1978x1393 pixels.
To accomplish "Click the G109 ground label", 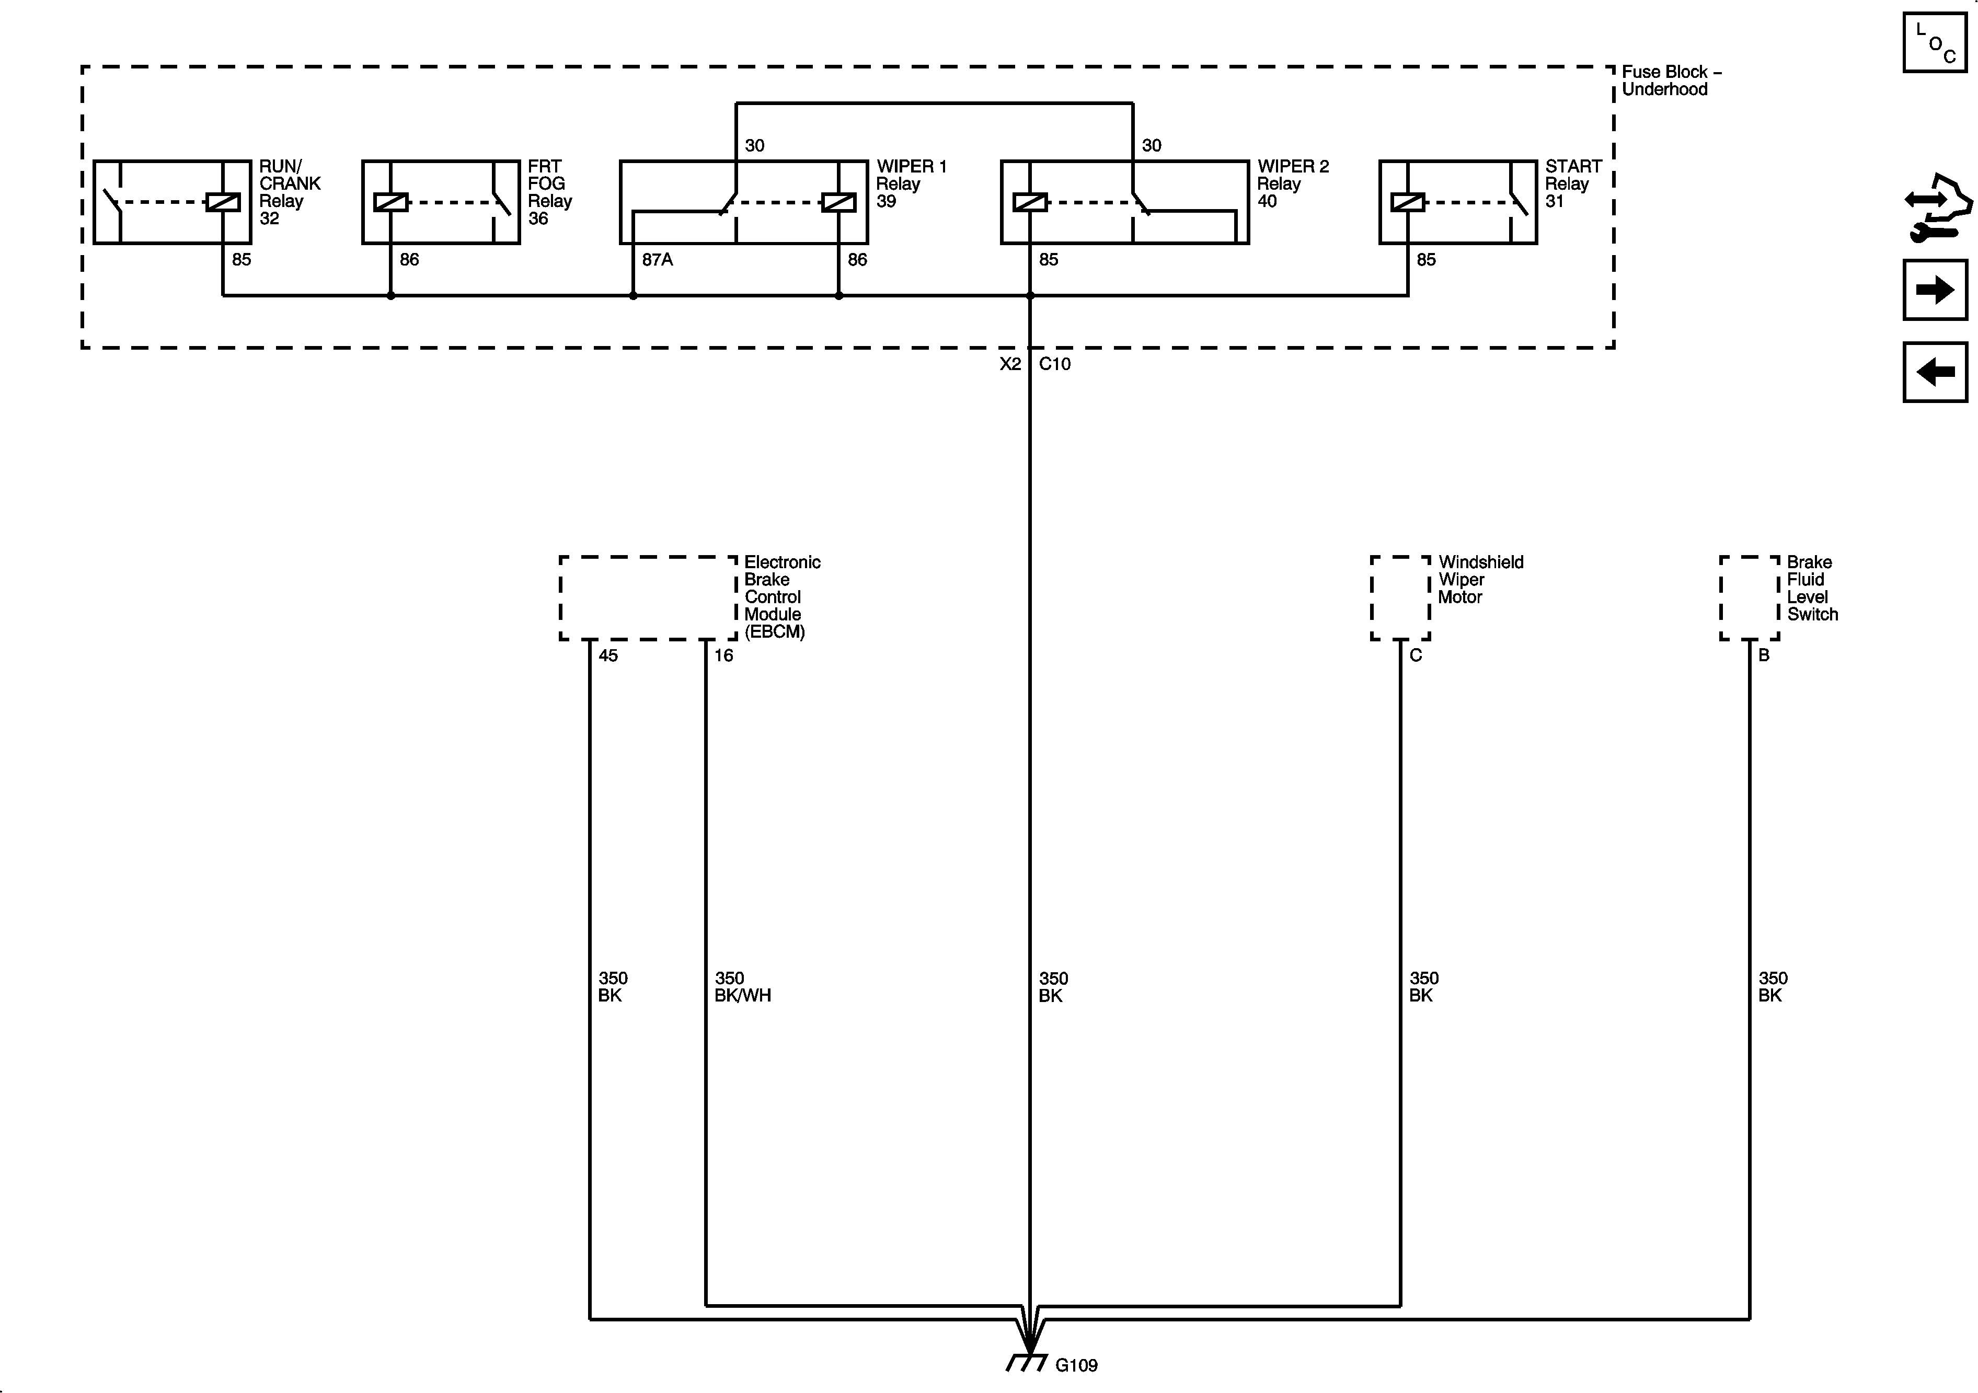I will pyautogui.click(x=1076, y=1365).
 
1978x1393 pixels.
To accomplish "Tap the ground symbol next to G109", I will pyautogui.click(x=1027, y=1362).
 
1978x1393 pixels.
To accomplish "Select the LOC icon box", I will pyautogui.click(x=1935, y=42).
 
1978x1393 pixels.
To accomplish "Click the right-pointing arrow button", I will pyautogui.click(x=1935, y=290).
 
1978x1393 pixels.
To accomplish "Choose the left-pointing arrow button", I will pyautogui.click(x=1935, y=372).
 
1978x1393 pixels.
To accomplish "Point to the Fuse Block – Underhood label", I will pyautogui.click(x=1670, y=80).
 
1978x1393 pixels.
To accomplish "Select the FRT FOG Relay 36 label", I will pyautogui.click(x=549, y=192).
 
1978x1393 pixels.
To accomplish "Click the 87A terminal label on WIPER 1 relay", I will pyautogui.click(x=657, y=259).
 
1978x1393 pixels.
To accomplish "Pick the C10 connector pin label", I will pyautogui.click(x=1054, y=364).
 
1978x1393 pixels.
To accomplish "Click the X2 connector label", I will pyautogui.click(x=1010, y=364).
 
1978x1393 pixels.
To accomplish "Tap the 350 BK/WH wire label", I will pyautogui.click(x=742, y=986).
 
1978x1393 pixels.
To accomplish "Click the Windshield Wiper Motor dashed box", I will pyautogui.click(x=1400, y=598).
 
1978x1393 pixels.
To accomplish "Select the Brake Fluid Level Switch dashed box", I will pyautogui.click(x=1749, y=598).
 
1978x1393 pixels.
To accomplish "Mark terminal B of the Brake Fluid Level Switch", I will pyautogui.click(x=1764, y=655).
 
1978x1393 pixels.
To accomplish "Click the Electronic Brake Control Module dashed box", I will pyautogui.click(x=648, y=598).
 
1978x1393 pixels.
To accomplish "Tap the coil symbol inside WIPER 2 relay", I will pyautogui.click(x=1029, y=202).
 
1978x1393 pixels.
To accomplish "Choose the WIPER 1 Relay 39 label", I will pyautogui.click(x=911, y=183).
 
